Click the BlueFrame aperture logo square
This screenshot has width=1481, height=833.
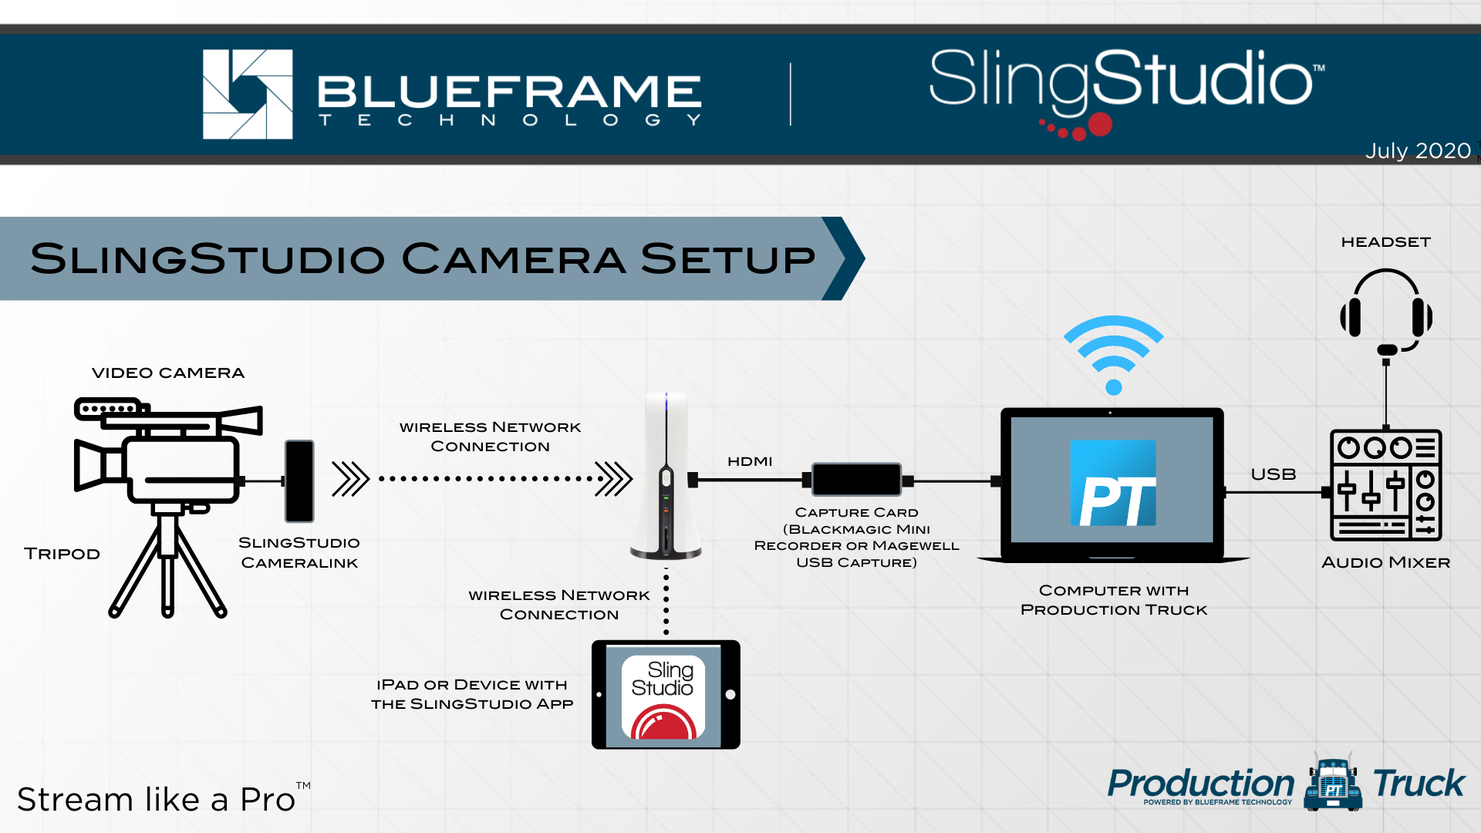coord(248,94)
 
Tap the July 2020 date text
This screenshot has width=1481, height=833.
coord(1418,150)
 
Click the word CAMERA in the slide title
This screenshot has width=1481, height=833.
coord(513,258)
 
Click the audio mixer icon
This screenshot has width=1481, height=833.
coord(1386,485)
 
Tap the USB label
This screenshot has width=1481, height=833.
coord(1274,474)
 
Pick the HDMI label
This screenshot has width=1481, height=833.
coord(750,461)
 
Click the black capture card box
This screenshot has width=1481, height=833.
coord(856,480)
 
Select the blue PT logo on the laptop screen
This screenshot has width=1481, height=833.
coord(1113,483)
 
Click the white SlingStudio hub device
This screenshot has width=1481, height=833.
coord(666,475)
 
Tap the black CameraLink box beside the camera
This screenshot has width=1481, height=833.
coord(299,481)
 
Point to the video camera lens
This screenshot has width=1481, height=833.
coord(91,465)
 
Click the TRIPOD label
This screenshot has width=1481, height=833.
coord(62,554)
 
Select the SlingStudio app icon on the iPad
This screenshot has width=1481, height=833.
coord(663,697)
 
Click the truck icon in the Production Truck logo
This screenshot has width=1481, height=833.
coord(1333,784)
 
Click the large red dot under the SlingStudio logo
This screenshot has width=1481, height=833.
coord(1100,124)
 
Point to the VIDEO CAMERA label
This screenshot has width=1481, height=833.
coord(168,373)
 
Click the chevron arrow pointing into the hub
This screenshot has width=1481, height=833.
coord(614,479)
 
